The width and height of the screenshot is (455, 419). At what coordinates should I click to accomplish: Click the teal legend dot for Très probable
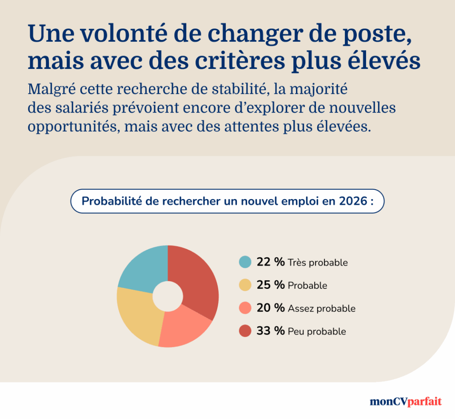coord(245,262)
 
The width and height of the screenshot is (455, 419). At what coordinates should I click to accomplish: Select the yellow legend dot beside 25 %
coord(245,285)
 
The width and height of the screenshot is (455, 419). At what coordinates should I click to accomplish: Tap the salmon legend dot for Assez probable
coord(245,308)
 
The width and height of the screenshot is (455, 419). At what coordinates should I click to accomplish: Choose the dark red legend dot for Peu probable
coord(245,331)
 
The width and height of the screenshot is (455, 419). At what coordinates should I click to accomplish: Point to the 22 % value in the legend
coord(270,262)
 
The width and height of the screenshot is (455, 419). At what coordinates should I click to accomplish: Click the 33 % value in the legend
coord(270,331)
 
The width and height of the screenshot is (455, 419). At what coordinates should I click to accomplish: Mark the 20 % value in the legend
coord(270,308)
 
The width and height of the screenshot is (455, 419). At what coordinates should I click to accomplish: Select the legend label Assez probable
coord(322,308)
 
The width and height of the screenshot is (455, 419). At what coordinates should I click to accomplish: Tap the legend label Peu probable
coord(317,331)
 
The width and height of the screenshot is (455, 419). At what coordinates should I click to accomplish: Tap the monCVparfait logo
coord(406,401)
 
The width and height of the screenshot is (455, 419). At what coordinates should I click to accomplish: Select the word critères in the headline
coord(241,61)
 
